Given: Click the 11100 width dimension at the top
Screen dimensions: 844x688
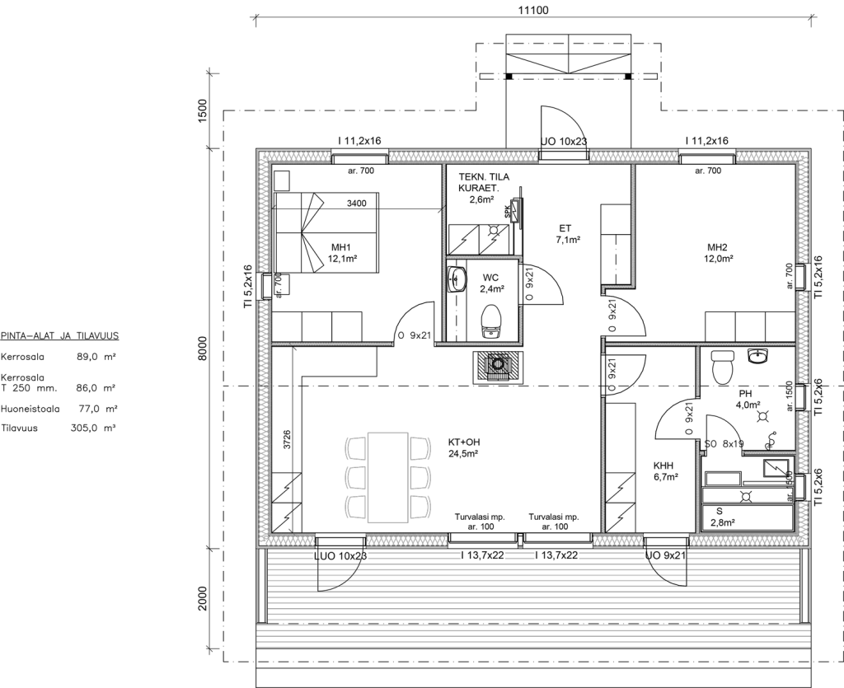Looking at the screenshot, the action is (533, 10).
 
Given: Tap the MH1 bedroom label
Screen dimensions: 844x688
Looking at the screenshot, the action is (340, 247).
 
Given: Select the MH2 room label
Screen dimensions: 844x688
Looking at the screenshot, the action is (717, 247).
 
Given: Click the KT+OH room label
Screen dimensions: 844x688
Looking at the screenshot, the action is (464, 442).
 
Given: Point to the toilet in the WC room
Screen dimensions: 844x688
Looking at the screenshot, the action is (490, 321).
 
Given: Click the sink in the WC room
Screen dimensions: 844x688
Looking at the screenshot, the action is (457, 278).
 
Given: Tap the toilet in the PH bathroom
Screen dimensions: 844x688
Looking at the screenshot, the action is (722, 367).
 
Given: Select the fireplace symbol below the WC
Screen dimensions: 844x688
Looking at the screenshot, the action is (498, 367).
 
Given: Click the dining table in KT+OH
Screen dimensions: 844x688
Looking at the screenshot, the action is (387, 477).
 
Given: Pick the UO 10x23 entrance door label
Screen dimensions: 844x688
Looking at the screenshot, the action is (564, 142).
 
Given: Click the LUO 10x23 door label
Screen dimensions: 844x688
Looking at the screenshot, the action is (340, 555).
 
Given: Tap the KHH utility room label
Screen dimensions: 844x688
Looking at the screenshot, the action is (663, 466).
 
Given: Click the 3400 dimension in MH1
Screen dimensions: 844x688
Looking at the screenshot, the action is (356, 204).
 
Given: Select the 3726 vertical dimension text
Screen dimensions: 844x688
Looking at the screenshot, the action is (288, 439).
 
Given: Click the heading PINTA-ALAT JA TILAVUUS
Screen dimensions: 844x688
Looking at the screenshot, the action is (59, 336).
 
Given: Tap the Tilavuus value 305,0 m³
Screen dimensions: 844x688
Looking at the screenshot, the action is (94, 428).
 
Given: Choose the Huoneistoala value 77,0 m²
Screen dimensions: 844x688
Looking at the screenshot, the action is (98, 409).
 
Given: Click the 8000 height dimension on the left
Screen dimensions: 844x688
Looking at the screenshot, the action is (202, 349).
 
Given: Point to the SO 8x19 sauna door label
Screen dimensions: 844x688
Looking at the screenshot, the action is (724, 444).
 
